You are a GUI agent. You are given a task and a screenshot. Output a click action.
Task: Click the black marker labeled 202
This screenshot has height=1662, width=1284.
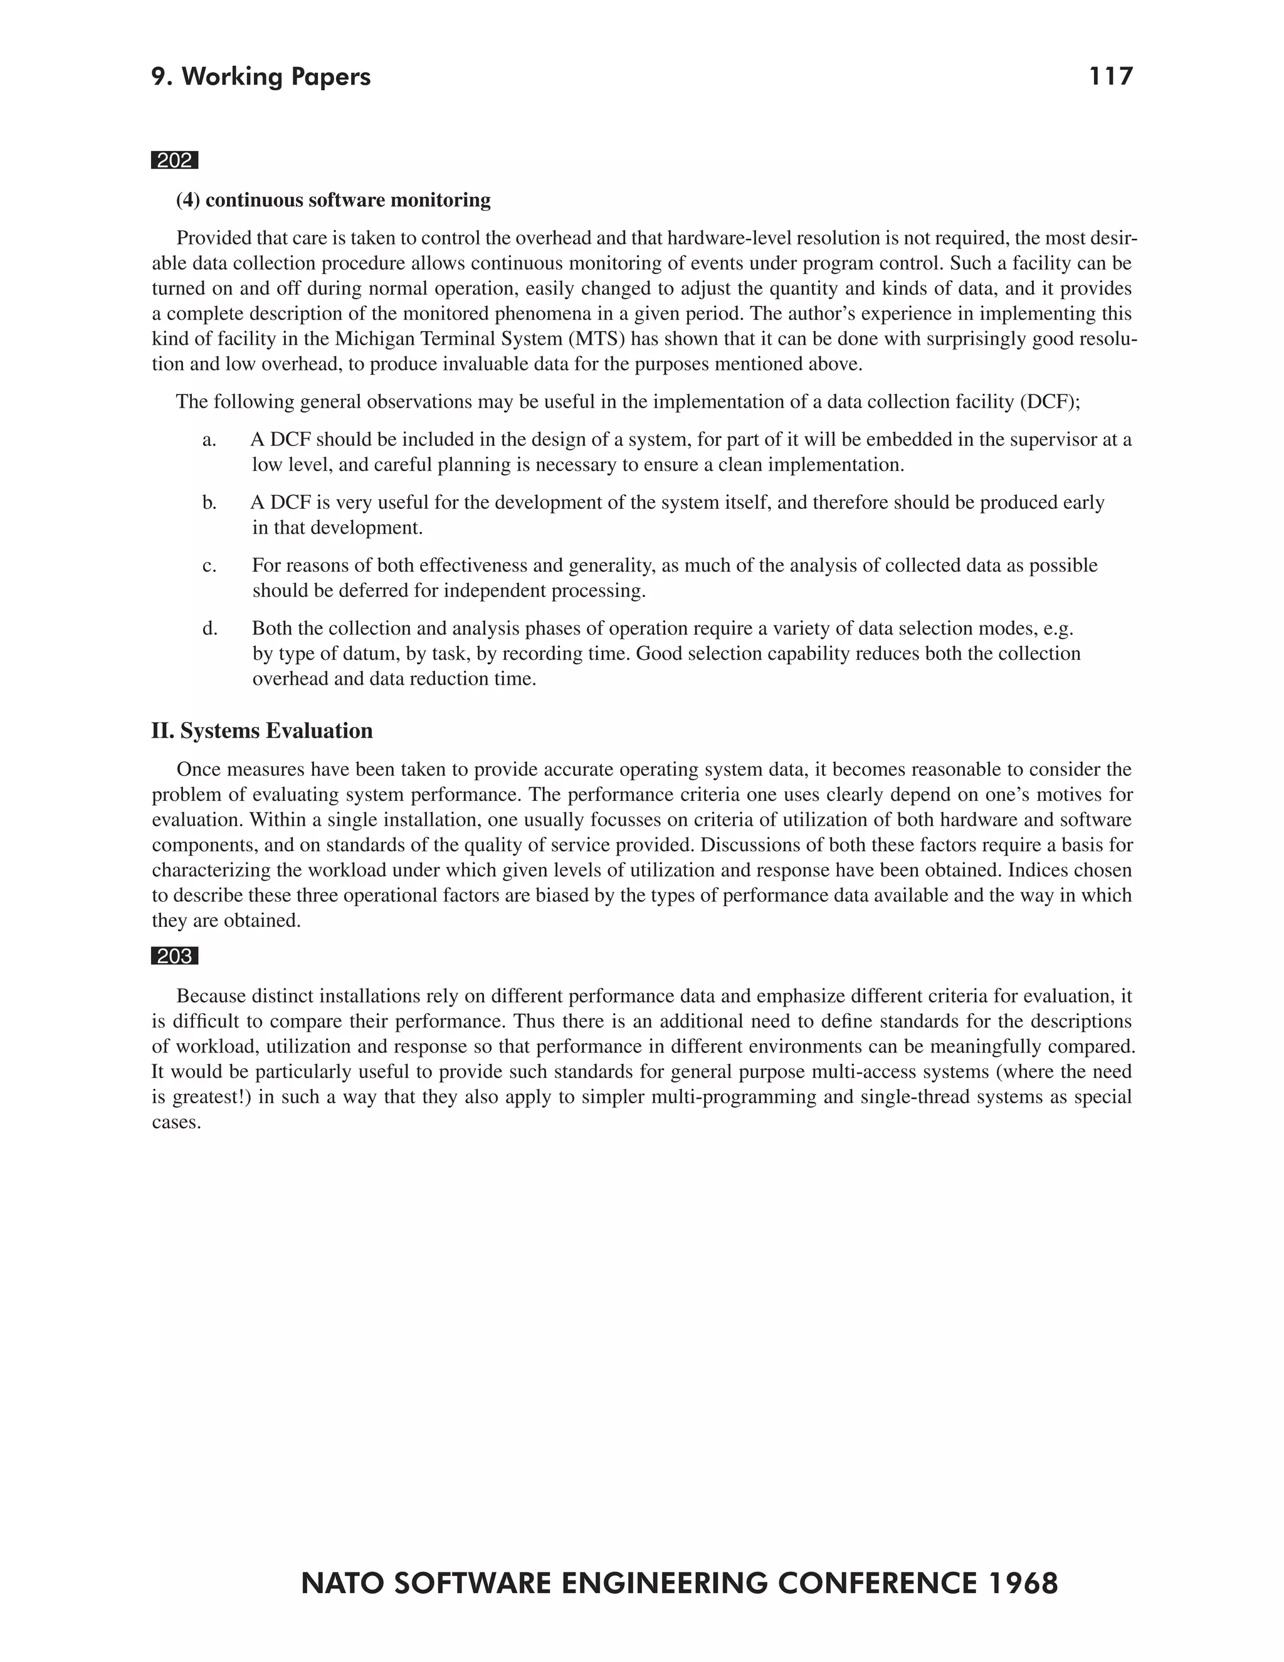174,161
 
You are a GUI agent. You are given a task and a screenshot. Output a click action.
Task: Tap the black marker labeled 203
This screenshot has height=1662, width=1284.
174,956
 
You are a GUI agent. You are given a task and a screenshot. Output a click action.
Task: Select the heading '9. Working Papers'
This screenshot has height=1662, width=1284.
261,77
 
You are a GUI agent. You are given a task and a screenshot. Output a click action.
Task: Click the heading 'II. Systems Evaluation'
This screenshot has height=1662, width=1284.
261,731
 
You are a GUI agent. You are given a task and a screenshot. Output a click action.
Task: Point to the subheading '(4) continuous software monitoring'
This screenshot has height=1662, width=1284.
333,200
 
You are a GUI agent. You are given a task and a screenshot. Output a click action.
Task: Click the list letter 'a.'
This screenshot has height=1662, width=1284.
209,440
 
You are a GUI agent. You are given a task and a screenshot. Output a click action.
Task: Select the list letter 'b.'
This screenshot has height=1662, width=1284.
209,503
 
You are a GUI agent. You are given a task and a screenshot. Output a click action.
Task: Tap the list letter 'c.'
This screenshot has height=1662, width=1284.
209,566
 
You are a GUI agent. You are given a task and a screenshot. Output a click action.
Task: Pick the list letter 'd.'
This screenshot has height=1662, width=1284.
209,628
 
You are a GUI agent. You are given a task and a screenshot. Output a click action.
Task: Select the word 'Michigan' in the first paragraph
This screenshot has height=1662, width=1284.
371,339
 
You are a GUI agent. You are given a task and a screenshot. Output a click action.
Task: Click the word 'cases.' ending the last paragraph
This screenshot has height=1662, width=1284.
176,1123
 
